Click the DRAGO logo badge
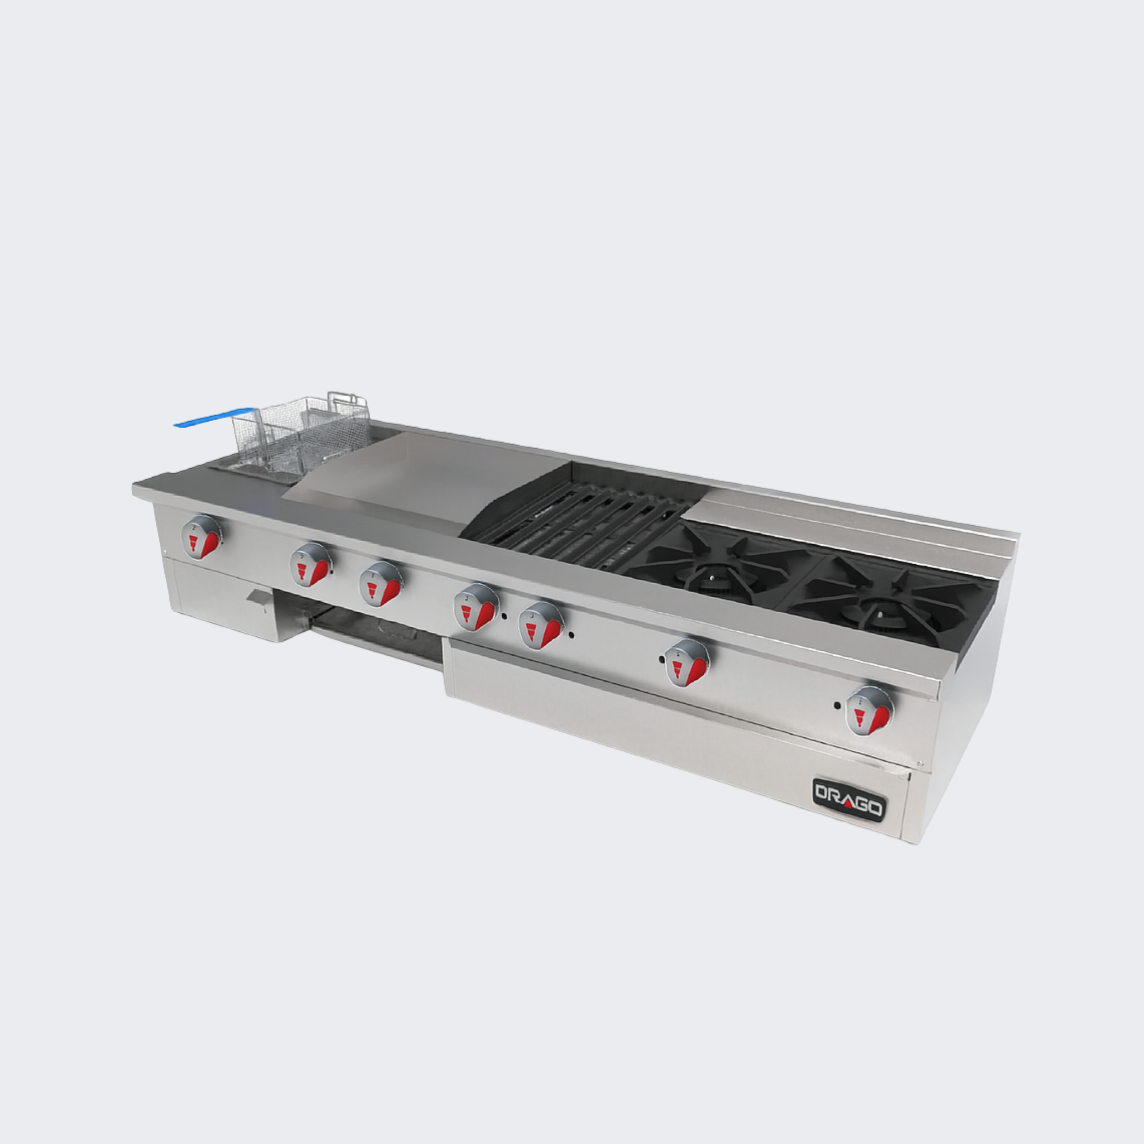849,800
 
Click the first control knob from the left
201,537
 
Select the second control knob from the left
311,565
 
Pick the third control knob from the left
381,584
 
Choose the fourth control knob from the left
475,608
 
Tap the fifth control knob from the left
541,625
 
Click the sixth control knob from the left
687,663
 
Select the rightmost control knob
869,711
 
